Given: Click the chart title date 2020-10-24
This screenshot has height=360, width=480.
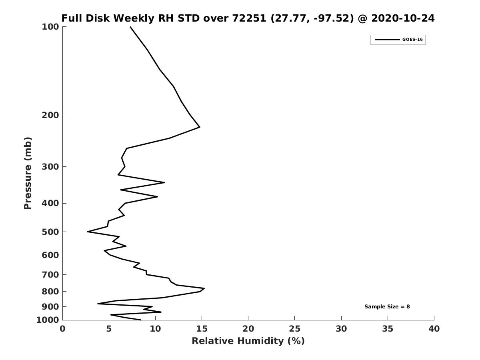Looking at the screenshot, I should point(403,18).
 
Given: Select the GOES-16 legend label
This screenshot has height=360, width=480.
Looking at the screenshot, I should point(412,40).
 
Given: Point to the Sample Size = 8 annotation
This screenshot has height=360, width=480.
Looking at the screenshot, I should point(387,307).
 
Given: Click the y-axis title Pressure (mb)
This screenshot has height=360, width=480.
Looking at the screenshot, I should point(27,173).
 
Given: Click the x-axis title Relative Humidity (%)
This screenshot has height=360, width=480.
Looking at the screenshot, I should point(248,341).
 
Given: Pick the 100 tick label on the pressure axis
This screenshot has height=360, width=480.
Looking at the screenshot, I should point(50,27).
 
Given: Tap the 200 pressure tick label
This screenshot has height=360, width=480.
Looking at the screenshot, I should point(50,115).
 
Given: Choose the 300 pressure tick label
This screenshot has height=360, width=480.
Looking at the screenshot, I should point(50,166).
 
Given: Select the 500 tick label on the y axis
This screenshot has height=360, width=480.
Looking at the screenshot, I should point(50,232).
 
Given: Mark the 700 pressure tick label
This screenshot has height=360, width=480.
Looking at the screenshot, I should point(50,275).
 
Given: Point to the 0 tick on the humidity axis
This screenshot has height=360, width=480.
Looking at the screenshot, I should point(62,329).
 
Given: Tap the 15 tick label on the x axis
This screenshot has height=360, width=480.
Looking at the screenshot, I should point(202,329).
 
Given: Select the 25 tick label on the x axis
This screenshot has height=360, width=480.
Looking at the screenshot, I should point(294,329).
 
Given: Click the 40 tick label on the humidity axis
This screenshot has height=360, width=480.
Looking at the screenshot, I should point(434,329).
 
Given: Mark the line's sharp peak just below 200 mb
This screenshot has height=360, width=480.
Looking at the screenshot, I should point(200,127).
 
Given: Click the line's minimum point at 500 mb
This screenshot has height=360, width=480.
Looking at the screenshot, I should point(88,232).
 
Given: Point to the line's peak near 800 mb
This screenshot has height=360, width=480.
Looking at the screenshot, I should point(204,288).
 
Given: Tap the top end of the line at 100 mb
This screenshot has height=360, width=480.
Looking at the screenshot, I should point(130,27).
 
